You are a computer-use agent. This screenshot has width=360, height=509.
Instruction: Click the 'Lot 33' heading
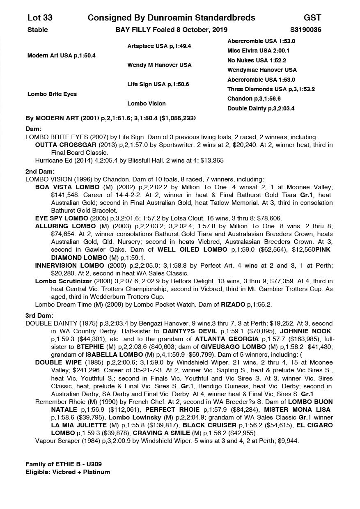click(40, 18)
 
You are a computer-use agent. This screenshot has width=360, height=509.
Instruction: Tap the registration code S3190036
click(305, 30)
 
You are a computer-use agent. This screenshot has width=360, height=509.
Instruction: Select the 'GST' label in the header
click(312, 18)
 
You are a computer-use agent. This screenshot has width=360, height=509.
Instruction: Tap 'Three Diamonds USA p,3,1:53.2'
click(271, 89)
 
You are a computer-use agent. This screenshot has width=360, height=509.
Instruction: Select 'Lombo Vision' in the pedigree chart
click(146, 104)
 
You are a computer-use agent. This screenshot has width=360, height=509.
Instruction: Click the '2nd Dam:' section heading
click(40, 172)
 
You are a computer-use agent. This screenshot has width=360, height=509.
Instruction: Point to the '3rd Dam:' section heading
click(39, 316)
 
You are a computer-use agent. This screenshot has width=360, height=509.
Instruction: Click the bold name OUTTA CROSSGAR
click(61, 145)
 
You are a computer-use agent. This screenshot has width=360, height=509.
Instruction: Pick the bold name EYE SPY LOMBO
click(62, 218)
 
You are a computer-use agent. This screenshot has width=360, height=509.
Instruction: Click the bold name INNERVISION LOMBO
click(69, 266)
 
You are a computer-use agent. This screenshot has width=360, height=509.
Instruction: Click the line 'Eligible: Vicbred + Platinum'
click(68, 472)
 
